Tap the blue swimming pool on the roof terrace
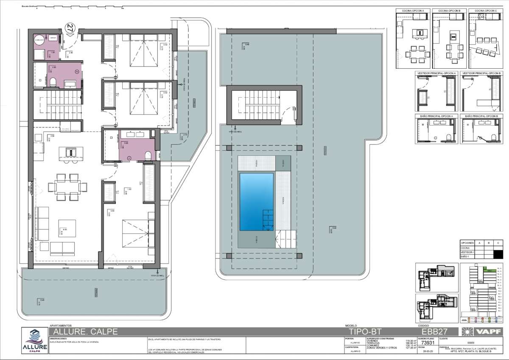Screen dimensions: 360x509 point(257,202)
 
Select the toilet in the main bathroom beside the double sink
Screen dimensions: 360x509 point(148,155)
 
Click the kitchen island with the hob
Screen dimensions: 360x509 point(70,152)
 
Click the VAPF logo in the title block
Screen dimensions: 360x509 point(482,331)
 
